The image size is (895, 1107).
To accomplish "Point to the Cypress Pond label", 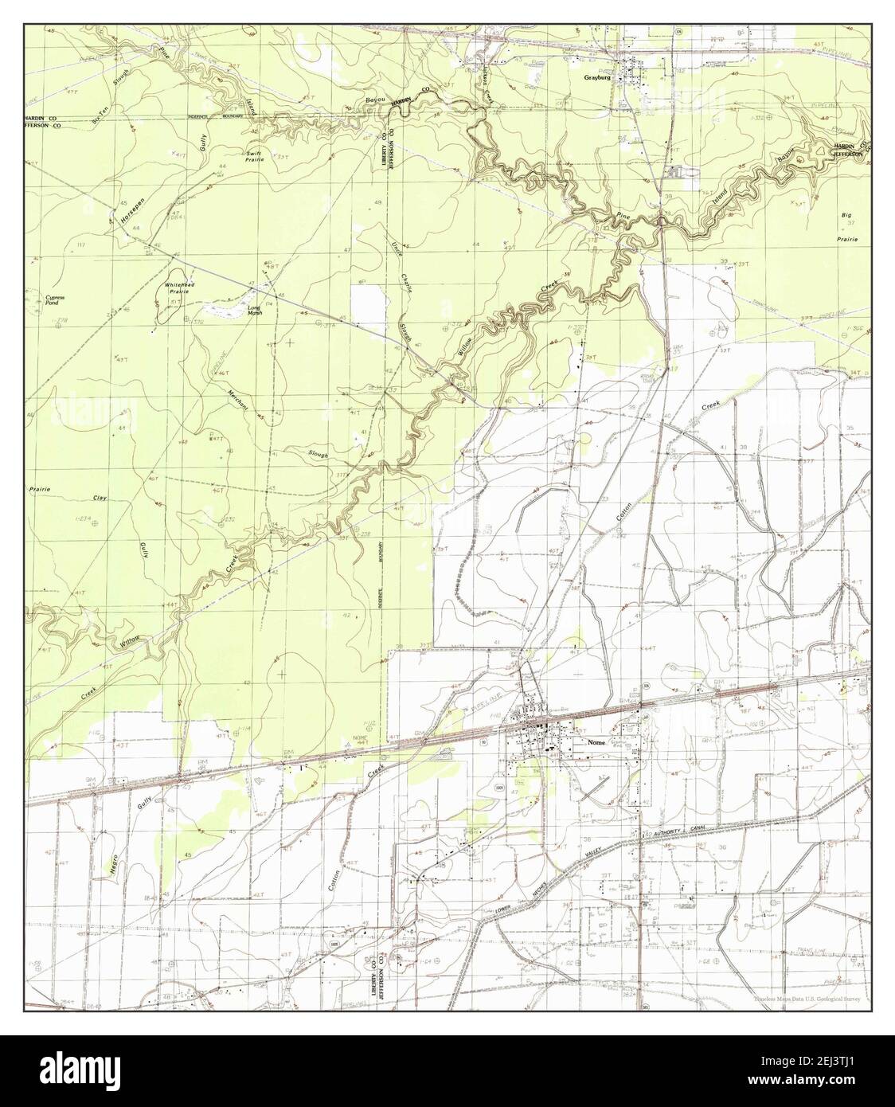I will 55,300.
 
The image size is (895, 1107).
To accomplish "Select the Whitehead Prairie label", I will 176,288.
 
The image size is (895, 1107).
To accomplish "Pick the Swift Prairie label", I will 254,158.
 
